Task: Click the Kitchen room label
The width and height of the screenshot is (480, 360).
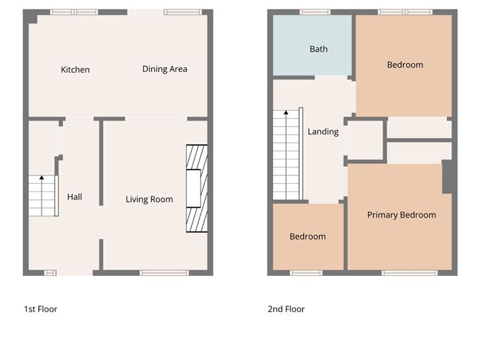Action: click(x=75, y=70)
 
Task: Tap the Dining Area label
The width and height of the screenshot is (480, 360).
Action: click(x=165, y=69)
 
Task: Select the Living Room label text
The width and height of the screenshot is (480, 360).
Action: click(x=149, y=199)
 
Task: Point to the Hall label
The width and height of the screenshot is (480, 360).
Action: click(x=75, y=196)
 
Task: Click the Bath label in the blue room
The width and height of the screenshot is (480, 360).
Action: click(x=318, y=49)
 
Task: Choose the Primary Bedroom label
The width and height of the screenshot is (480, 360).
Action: click(x=401, y=215)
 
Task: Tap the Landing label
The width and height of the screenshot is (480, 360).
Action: click(x=323, y=131)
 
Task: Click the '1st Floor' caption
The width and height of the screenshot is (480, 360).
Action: click(x=40, y=309)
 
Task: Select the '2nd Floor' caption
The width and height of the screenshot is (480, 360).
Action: click(x=286, y=309)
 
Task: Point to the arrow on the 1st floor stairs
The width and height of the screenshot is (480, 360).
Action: click(x=41, y=177)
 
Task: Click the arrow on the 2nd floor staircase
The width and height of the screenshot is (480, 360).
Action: click(x=286, y=113)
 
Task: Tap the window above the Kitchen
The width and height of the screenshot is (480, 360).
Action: click(x=74, y=12)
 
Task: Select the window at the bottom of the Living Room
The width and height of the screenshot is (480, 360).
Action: click(x=164, y=272)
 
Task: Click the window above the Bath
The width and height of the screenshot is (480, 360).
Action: click(x=315, y=12)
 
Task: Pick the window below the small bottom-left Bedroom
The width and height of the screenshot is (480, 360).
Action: click(x=308, y=272)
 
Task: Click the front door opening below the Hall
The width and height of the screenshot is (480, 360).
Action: click(x=75, y=272)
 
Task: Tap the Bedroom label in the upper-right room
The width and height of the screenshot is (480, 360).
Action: click(x=405, y=65)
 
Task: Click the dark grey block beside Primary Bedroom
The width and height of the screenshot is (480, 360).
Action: click(x=448, y=176)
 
